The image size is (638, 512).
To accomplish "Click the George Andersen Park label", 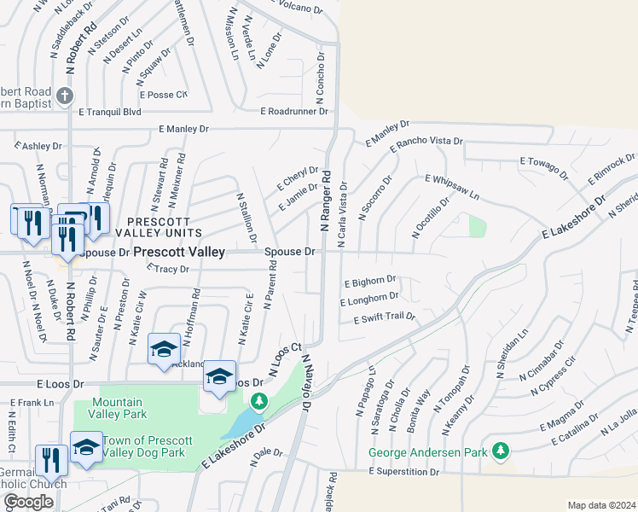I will click(427, 452).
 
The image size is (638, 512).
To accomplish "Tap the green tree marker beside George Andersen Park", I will click(502, 450).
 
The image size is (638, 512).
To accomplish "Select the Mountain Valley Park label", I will click(117, 408).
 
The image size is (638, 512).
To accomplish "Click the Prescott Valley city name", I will click(179, 252).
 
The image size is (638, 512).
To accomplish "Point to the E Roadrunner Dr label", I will click(294, 111).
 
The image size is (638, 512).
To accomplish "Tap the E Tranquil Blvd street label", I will click(109, 111).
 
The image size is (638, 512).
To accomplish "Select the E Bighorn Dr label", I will click(370, 280).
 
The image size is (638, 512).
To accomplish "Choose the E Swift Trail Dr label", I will click(384, 317).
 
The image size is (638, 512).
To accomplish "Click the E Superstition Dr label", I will click(403, 471).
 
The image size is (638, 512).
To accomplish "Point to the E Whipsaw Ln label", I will click(452, 187).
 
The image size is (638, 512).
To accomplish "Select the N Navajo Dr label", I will click(306, 382).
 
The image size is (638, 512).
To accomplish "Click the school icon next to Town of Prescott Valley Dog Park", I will click(86, 448).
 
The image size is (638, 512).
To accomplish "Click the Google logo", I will click(28, 502).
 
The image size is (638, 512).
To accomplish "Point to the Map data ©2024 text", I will click(601, 505).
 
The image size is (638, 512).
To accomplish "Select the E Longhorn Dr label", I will click(369, 298).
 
